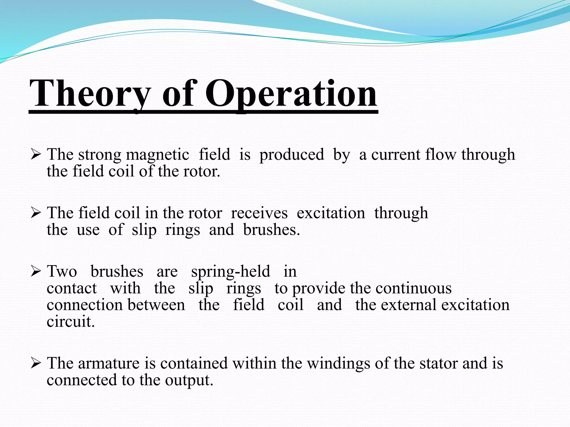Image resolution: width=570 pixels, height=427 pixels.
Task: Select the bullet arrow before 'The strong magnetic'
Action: (36, 154)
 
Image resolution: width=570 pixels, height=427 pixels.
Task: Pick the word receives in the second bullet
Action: (259, 213)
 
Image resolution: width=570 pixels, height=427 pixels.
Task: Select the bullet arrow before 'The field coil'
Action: (36, 213)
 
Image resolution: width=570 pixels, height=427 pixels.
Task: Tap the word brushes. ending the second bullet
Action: (271, 230)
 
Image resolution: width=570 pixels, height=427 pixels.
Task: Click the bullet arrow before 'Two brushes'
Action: (36, 271)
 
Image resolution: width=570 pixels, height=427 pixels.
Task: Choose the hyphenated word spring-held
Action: (230, 272)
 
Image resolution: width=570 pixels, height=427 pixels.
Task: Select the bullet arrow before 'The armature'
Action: (36, 363)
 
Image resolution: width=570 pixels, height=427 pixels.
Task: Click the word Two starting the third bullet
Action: (62, 272)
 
